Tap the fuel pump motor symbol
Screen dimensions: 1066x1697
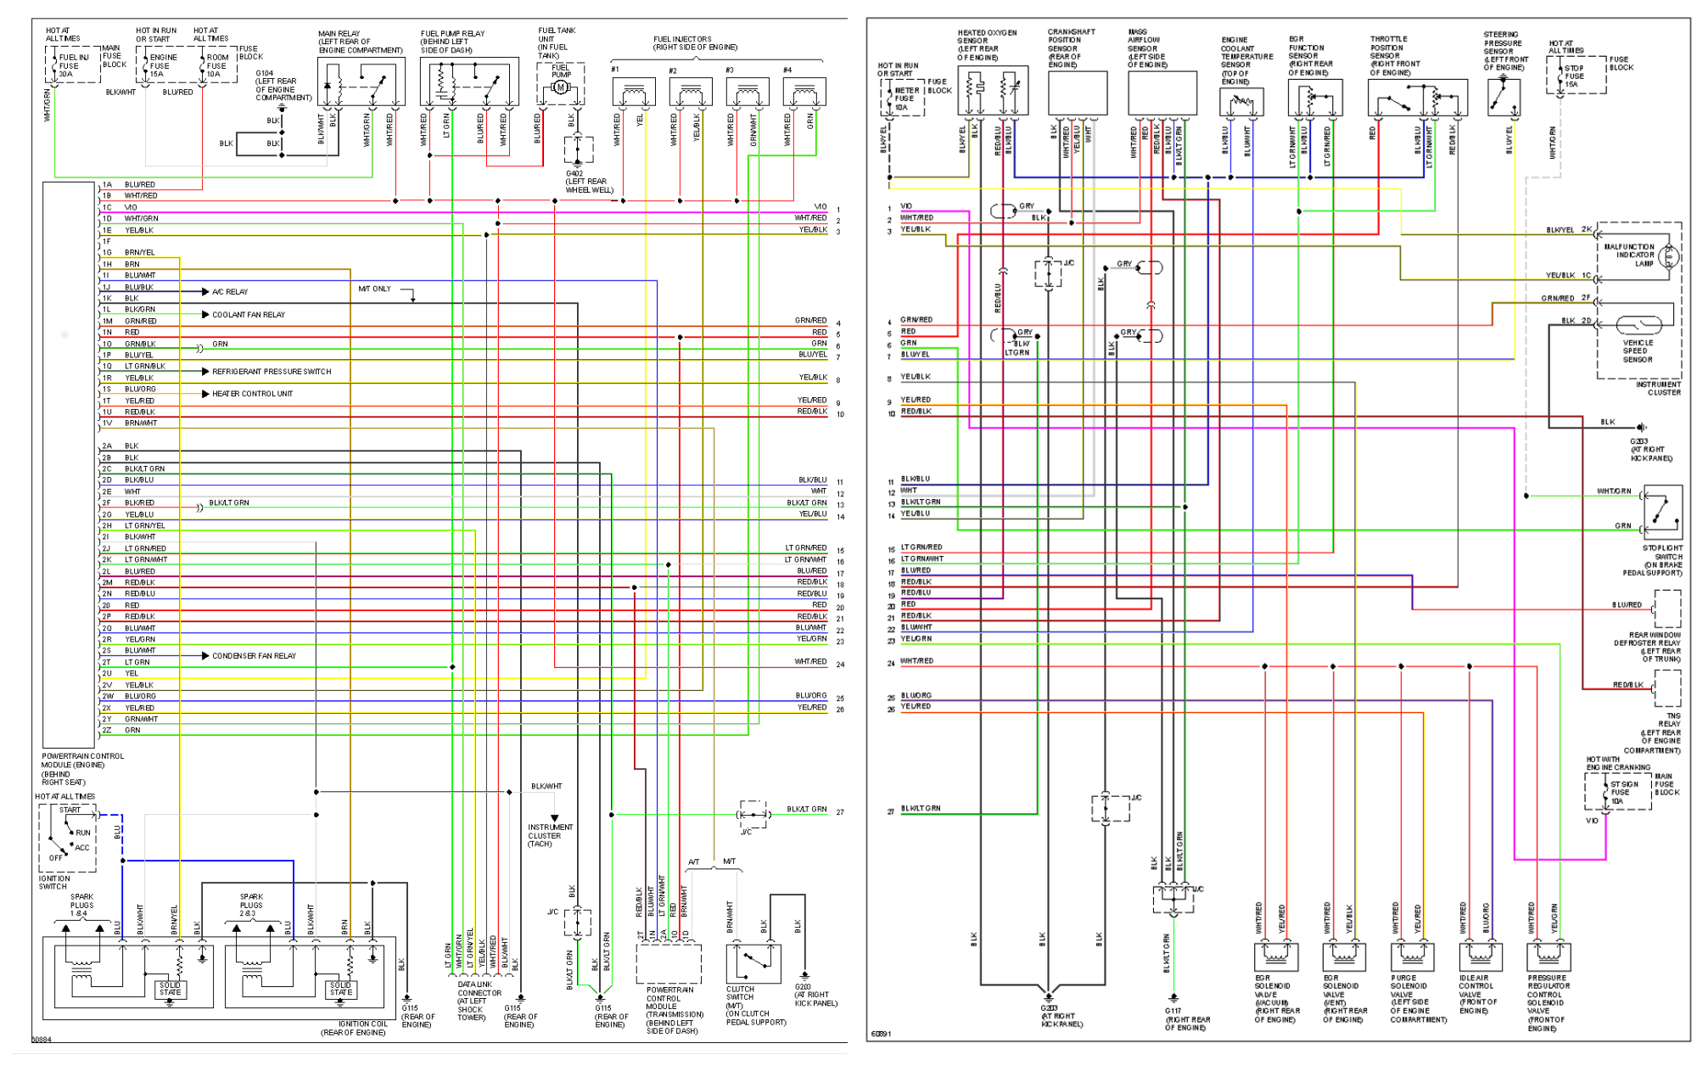560,87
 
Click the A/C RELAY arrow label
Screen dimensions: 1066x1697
230,292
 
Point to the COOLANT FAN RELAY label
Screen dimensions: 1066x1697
249,315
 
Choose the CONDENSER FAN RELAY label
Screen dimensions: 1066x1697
254,656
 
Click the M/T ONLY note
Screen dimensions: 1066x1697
374,289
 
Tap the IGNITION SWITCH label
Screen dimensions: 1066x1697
54,883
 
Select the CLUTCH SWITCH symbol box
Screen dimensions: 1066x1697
753,962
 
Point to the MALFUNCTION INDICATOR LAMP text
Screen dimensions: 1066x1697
1629,255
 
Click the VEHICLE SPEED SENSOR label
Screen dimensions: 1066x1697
1638,351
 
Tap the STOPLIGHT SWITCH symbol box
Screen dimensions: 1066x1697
1662,509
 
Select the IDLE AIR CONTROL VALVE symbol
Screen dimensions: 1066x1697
1481,956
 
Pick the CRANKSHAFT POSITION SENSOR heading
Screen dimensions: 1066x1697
1064,48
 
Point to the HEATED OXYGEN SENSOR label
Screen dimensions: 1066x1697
986,45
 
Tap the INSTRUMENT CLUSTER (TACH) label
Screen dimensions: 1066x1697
550,835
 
